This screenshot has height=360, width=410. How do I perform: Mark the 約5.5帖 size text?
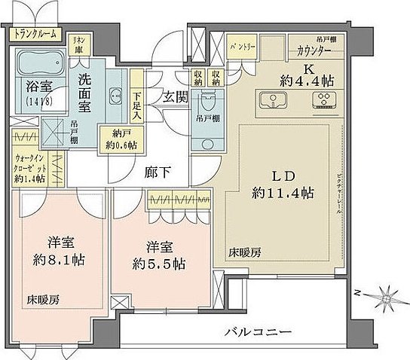[x=158, y=264]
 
